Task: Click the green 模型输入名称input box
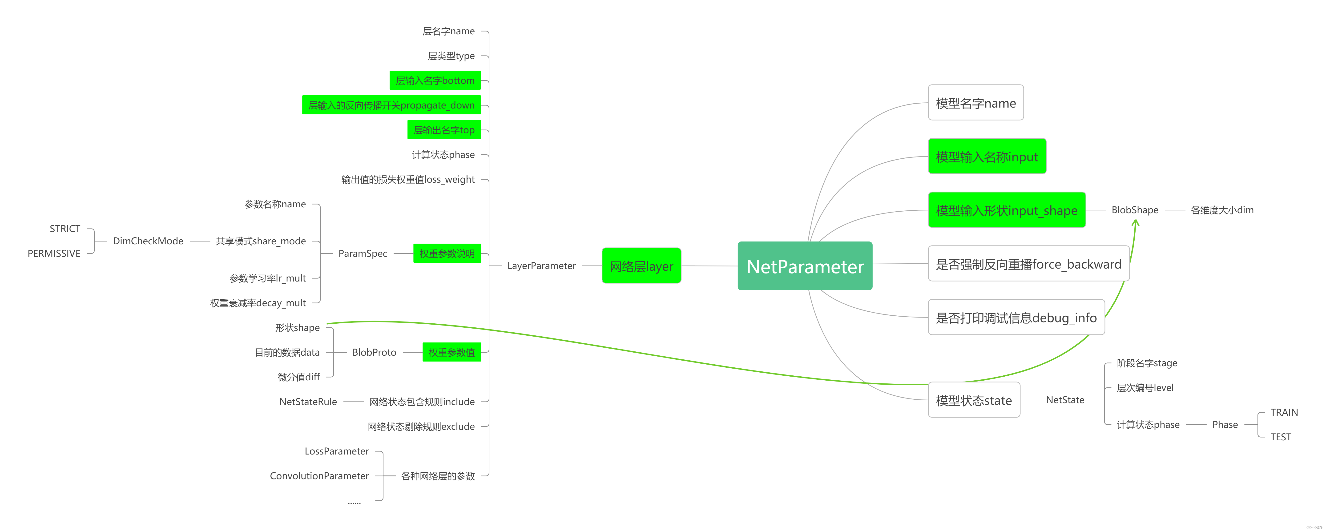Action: (987, 157)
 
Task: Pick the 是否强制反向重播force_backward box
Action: (1028, 264)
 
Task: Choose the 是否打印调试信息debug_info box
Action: (1016, 318)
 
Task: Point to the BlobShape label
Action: (1135, 210)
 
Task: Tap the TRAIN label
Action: (1284, 412)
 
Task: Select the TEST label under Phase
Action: (1281, 437)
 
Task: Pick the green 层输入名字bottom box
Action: (435, 80)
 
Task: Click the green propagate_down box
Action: (391, 105)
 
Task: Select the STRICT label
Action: (65, 229)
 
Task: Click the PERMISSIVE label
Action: (54, 253)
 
